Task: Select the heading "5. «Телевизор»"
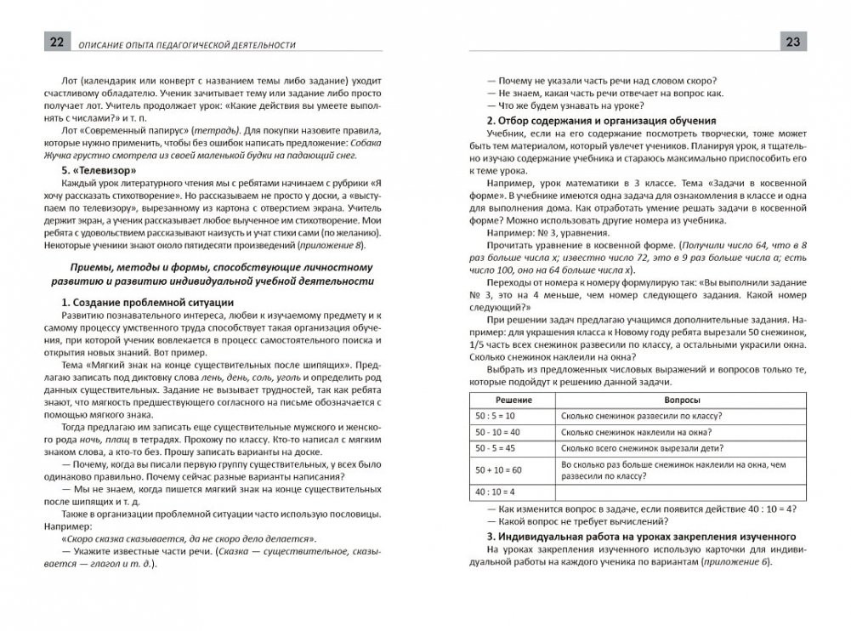[x=92, y=168]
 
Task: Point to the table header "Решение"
[x=510, y=398]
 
